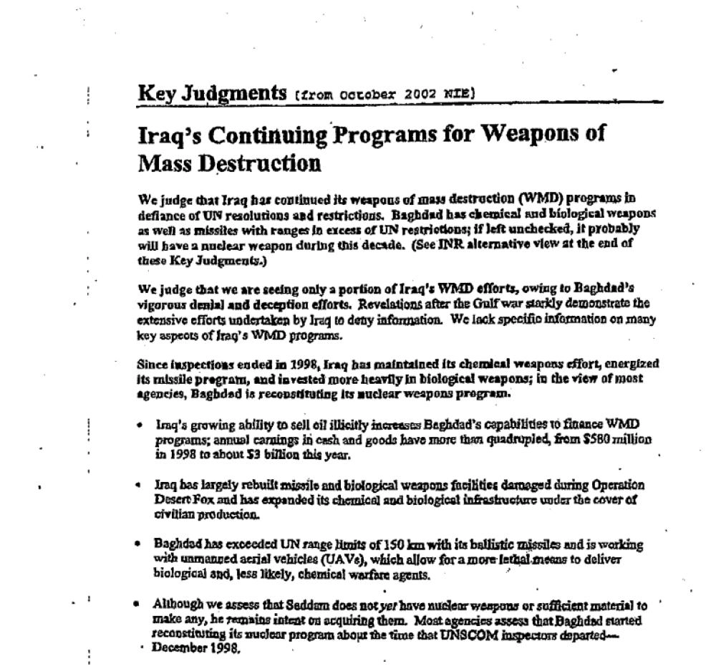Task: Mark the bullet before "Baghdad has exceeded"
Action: (138, 544)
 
